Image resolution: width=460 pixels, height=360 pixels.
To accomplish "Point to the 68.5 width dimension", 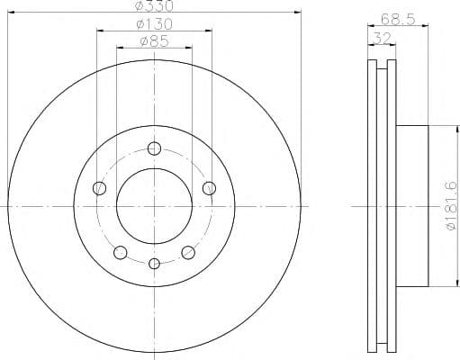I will pos(389,19).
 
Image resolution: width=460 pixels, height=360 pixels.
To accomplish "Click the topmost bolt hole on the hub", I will pos(154,148).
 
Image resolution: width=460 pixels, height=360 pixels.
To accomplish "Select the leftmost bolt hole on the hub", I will pos(99,188).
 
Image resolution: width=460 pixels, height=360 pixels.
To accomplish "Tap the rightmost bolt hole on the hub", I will pos(209,187).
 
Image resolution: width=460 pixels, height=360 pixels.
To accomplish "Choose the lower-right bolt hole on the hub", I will pos(188,252).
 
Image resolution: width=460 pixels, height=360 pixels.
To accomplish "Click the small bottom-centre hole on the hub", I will pos(154,263).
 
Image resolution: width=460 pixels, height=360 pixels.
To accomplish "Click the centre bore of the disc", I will pos(154,206).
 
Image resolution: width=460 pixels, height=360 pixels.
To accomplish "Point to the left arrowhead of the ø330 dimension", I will pos(11,13).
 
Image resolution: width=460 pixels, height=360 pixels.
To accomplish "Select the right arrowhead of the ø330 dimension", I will pos(296,13).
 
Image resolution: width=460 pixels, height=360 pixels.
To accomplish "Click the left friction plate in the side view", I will pos(373,206).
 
